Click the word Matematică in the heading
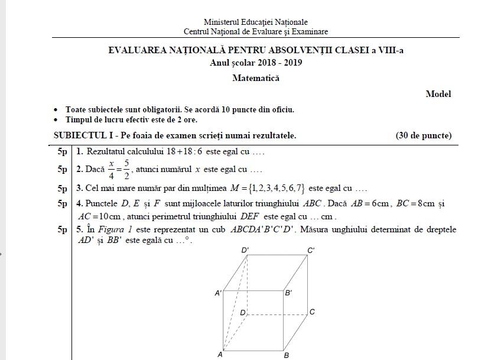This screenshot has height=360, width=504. pyautogui.click(x=255, y=78)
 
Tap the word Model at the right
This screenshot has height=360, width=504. pyautogui.click(x=438, y=94)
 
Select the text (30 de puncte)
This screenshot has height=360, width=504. pyautogui.click(x=423, y=136)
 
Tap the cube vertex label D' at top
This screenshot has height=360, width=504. pyautogui.click(x=245, y=251)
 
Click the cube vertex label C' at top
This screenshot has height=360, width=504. pyautogui.click(x=311, y=251)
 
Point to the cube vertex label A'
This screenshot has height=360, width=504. pyautogui.click(x=218, y=293)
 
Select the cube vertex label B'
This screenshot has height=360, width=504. pyautogui.click(x=288, y=293)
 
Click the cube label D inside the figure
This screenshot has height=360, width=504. pyautogui.click(x=242, y=313)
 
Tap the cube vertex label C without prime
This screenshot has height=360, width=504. pyautogui.click(x=312, y=312)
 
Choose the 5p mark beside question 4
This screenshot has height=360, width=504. pyautogui.click(x=62, y=204)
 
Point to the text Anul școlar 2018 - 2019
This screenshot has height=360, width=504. pyautogui.click(x=255, y=63)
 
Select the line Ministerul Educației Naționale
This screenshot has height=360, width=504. pyautogui.click(x=255, y=22)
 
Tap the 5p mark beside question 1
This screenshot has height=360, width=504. pyautogui.click(x=62, y=152)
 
